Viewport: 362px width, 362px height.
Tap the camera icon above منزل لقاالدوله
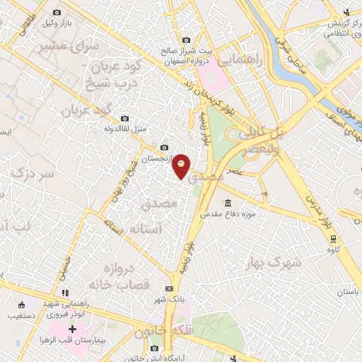coord(125,118)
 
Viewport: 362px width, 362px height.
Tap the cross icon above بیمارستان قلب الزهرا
coord(73,329)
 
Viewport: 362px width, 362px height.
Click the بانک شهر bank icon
coord(169,288)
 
